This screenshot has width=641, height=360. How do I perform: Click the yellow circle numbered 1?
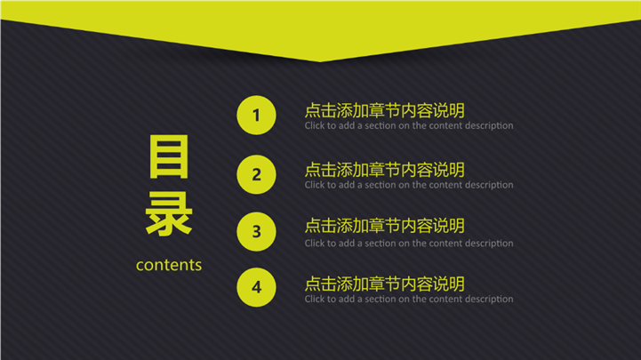256,116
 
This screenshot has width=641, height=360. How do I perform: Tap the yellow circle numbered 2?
256,174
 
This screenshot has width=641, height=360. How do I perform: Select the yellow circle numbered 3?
256,232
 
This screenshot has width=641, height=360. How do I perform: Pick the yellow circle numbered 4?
256,287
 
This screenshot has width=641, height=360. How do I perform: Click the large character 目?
169,157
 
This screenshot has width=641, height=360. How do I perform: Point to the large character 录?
169,214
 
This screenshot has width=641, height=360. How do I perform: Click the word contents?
169,265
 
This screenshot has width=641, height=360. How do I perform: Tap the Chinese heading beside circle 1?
385,110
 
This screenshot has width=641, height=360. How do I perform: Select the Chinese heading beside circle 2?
385,170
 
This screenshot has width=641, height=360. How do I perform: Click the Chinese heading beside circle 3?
385,226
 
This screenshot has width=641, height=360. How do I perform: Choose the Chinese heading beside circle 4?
385,284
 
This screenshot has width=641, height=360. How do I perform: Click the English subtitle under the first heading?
409,126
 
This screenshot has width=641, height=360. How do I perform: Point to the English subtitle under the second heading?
409,185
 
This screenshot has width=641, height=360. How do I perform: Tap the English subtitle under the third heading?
409,244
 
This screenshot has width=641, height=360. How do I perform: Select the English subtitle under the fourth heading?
409,300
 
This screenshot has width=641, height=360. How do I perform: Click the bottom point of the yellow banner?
320,61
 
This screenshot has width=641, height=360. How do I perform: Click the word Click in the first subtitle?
314,125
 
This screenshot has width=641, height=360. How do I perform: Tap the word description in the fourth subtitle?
489,300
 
